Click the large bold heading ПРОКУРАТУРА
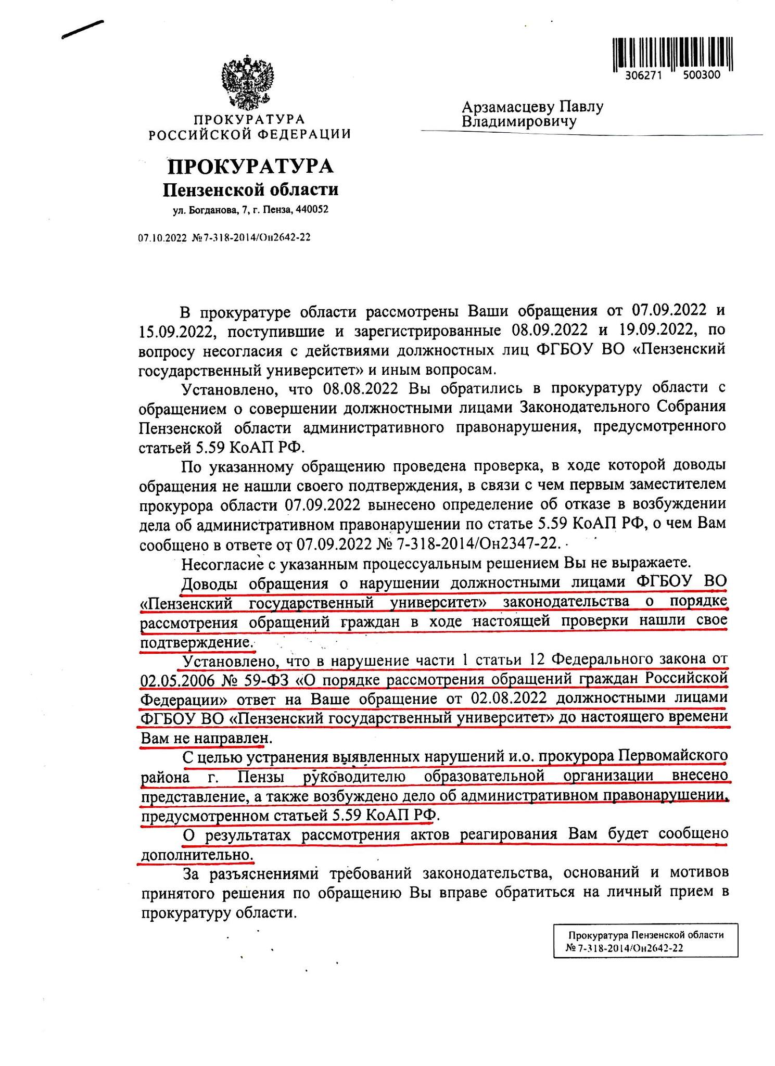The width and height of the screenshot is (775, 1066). pyautogui.click(x=250, y=167)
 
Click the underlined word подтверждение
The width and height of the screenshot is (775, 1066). pyautogui.click(x=196, y=641)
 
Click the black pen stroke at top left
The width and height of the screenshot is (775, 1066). pyautogui.click(x=82, y=29)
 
